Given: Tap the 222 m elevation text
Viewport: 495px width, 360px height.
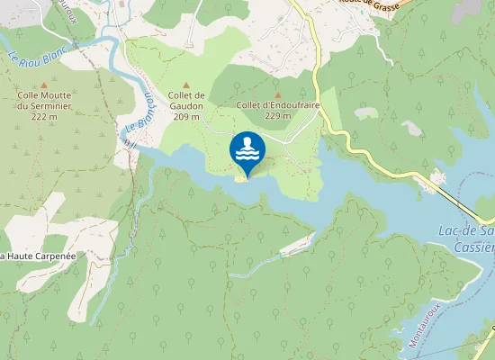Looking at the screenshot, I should click(42, 116).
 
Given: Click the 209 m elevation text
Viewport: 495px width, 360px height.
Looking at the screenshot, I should click(186, 116).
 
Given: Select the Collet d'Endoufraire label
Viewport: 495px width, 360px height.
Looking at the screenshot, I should click(266, 105).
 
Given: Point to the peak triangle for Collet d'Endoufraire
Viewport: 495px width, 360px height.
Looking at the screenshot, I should click(277, 94).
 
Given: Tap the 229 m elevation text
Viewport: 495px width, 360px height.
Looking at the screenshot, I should click(277, 116).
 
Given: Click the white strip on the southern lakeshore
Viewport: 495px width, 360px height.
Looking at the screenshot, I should click(297, 241).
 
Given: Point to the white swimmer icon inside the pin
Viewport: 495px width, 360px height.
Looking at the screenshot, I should click(247, 148).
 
